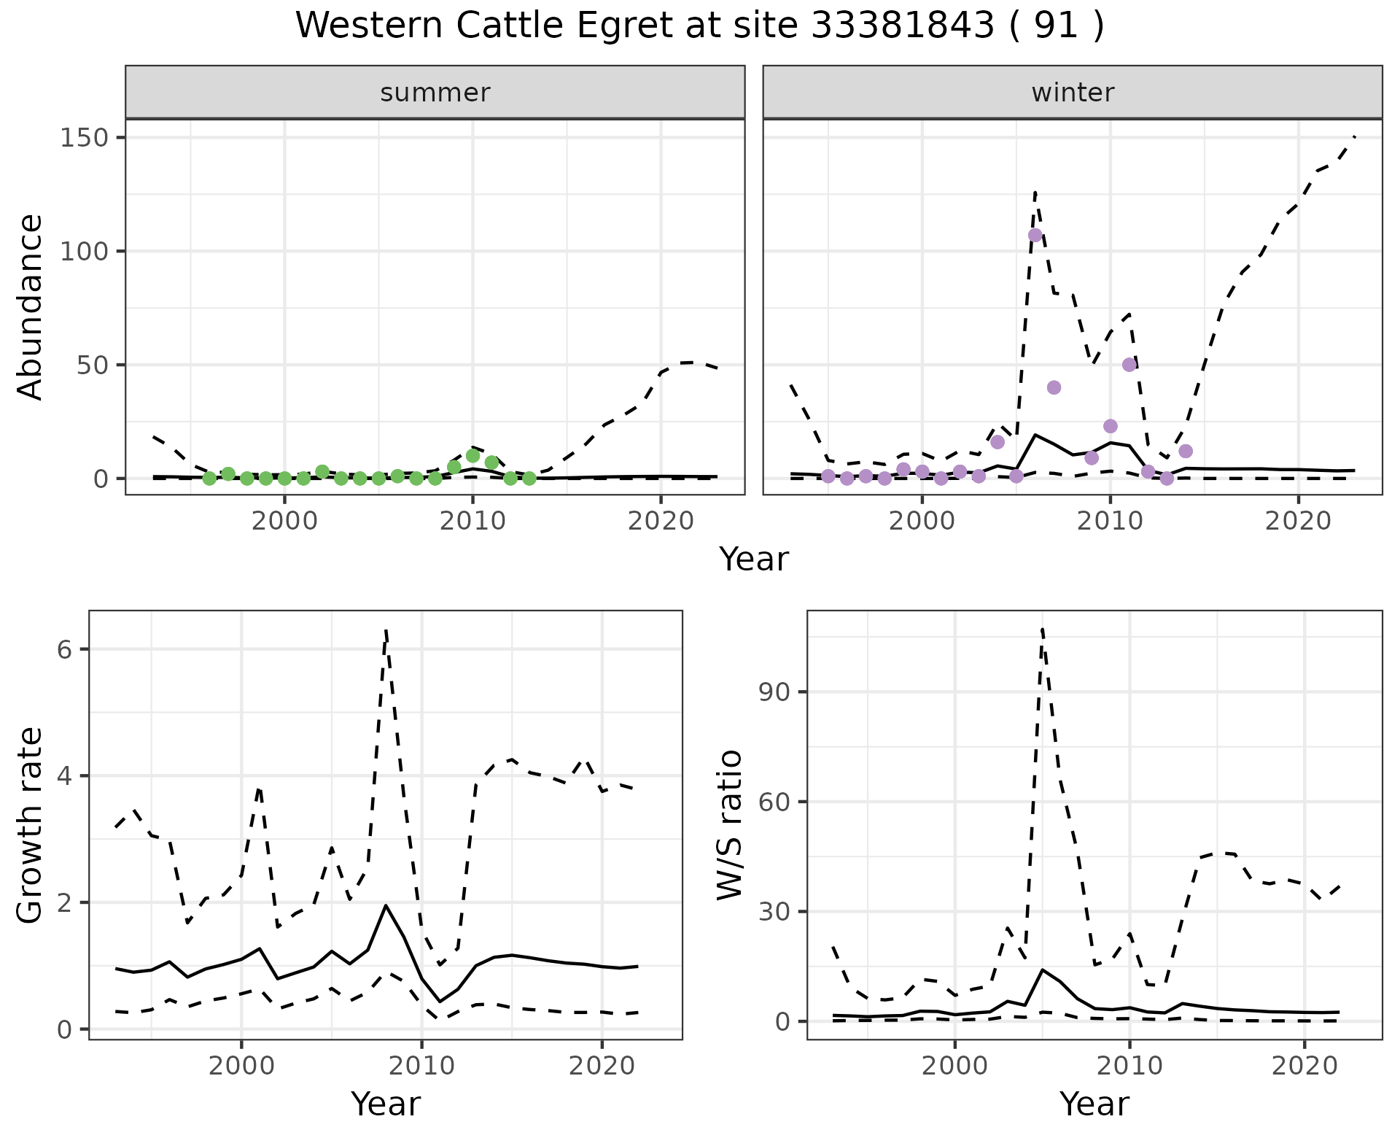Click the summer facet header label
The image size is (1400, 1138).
(435, 93)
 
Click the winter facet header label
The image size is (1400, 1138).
(1073, 93)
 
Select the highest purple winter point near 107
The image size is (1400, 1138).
(1035, 235)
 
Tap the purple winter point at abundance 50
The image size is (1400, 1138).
(1129, 365)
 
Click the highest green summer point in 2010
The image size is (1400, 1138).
(472, 456)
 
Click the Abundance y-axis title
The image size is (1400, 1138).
(31, 306)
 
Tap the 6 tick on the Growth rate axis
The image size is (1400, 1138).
(64, 649)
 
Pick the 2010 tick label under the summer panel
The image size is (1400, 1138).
(472, 521)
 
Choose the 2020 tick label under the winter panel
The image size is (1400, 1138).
(1298, 521)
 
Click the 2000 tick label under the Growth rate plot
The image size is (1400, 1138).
(241, 1065)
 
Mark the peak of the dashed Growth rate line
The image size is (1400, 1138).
(386, 630)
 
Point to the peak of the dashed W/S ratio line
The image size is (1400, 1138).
(1043, 629)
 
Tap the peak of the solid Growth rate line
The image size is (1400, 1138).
(386, 905)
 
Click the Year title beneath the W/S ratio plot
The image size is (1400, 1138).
(1094, 1104)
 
